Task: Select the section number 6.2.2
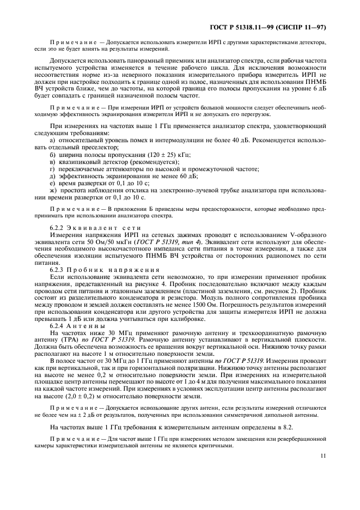pyautogui.click(x=58, y=227)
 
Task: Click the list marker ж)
pyautogui.click(x=53, y=190)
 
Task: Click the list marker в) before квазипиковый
pyautogui.click(x=52, y=162)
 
